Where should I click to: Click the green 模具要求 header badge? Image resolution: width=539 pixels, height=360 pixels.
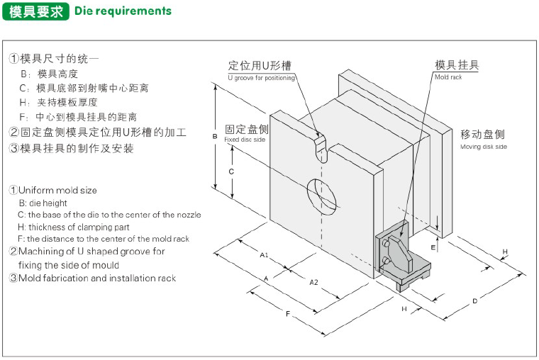[x=35, y=11]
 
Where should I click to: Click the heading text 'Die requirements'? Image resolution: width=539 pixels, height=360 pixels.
[x=123, y=11]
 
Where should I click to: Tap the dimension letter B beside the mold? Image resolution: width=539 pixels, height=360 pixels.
[x=215, y=136]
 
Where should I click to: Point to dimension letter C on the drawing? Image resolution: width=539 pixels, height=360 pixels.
[x=231, y=171]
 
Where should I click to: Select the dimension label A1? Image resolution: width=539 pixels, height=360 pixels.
[x=263, y=254]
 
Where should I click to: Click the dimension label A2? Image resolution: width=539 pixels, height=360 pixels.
[x=313, y=282]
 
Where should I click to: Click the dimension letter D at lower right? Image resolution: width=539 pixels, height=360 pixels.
[x=474, y=301]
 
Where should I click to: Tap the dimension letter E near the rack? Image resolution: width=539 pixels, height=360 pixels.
[x=433, y=247]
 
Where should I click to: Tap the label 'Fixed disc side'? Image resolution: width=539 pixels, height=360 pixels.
[x=245, y=140]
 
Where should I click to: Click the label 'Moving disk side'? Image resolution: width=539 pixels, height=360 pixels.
[x=484, y=147]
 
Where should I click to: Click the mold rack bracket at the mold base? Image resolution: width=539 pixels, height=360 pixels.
[x=401, y=258]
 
